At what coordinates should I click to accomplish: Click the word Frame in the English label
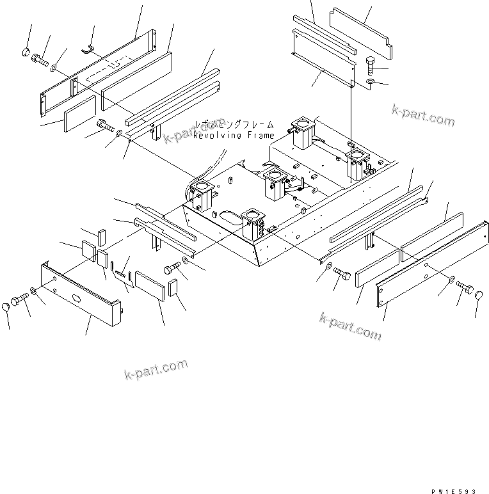coord(259,135)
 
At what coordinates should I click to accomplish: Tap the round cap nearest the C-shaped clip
coord(26,51)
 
